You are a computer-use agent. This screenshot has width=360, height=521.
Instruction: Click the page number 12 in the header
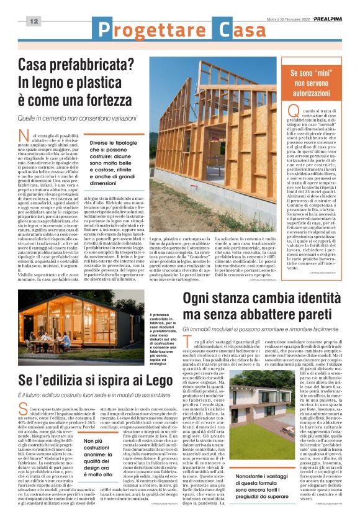coord(34,22)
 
